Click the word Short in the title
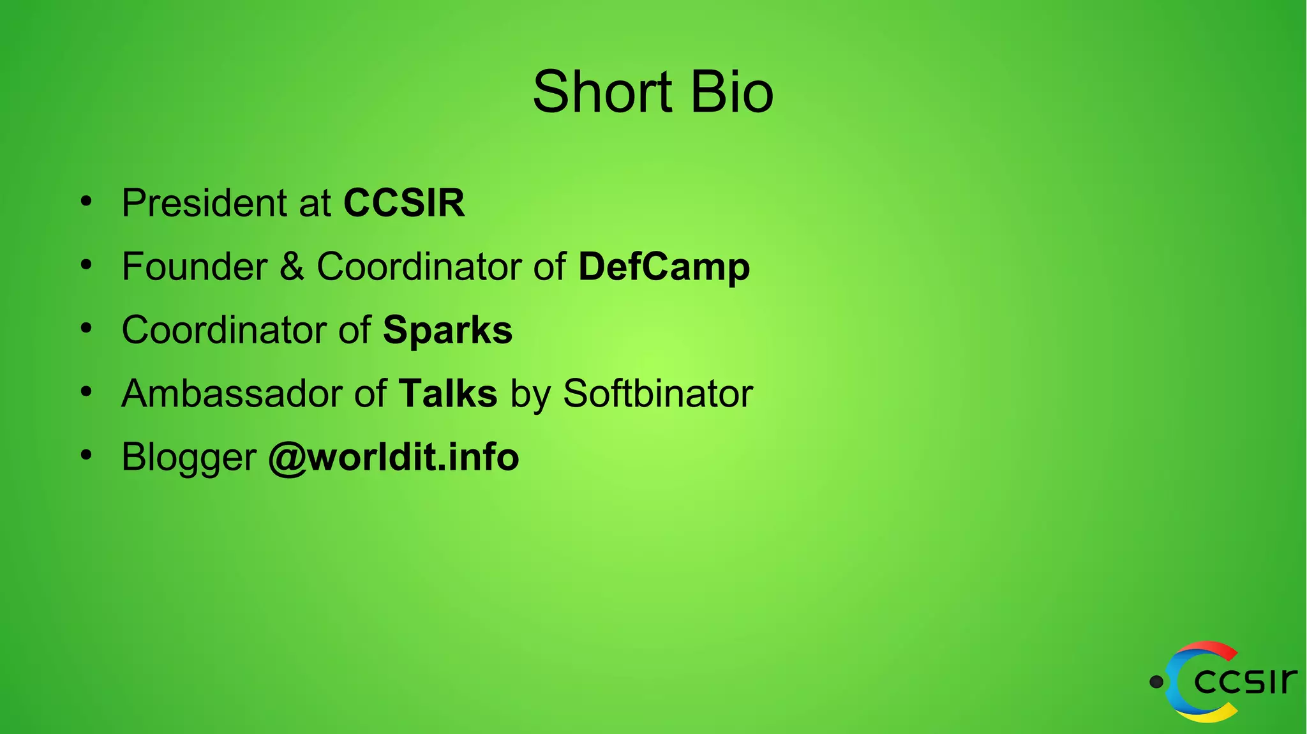point(602,93)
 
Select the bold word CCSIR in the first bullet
point(404,203)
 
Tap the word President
point(204,203)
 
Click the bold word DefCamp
point(664,267)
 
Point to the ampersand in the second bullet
point(292,267)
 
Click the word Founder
point(195,267)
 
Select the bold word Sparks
point(447,330)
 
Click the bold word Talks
point(447,393)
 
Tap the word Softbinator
point(658,393)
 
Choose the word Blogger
point(189,457)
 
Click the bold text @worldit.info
point(393,457)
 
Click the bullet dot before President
point(86,202)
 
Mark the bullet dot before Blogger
point(86,456)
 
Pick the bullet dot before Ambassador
point(86,392)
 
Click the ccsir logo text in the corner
point(1244,682)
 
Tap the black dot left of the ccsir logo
point(1156,682)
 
